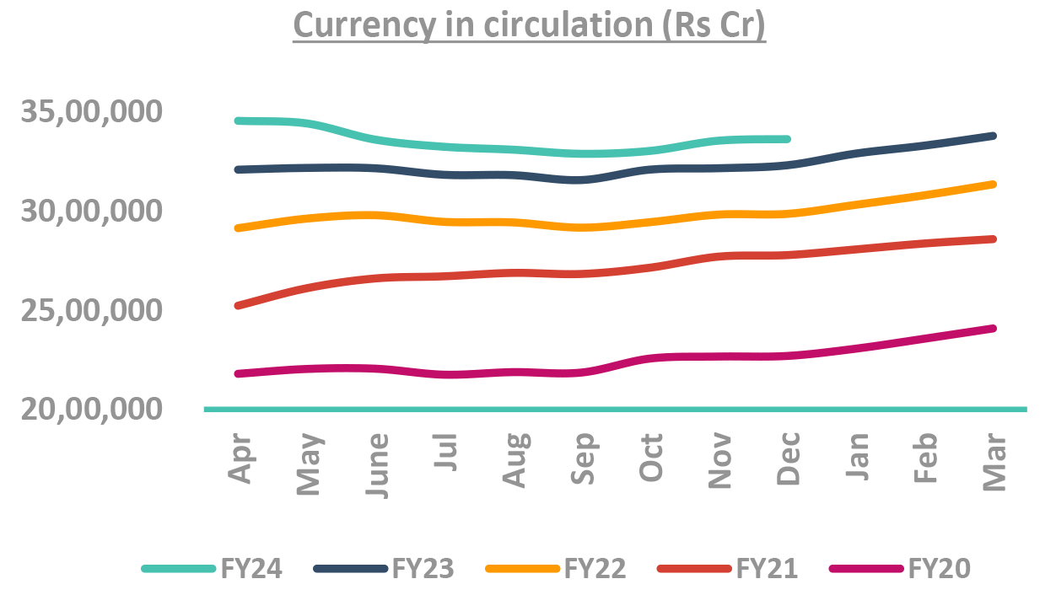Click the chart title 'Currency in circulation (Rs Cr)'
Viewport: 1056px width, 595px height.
coord(529,26)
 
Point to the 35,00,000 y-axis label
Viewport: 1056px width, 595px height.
coord(103,112)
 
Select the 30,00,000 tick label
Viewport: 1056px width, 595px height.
coord(103,211)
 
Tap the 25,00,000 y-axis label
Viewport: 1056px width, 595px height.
coord(103,310)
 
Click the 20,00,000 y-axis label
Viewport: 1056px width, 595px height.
coord(103,409)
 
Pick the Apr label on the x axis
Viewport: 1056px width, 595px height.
coord(241,459)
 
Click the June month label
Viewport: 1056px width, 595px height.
coord(379,466)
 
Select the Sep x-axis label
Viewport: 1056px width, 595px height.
coord(584,460)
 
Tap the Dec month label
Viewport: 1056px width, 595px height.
coord(788,460)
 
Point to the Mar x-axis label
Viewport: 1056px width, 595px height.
coord(995,462)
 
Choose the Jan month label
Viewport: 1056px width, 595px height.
coord(858,458)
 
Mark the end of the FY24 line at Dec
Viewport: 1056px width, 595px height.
coord(788,139)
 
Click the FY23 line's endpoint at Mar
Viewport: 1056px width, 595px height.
coord(994,136)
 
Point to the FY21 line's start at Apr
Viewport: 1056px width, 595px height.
coord(239,305)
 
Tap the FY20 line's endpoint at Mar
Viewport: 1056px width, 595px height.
coord(994,328)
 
